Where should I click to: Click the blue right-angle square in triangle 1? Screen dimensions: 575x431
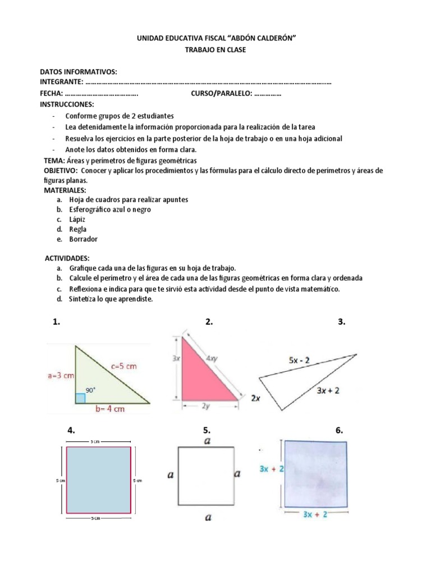(x=80, y=398)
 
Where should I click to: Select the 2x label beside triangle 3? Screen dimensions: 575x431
(x=255, y=398)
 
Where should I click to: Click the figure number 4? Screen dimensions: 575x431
(x=71, y=431)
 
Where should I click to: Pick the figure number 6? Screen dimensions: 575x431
(x=339, y=431)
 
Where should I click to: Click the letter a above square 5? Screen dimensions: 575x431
(x=208, y=441)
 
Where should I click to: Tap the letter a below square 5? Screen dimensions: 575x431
(x=208, y=518)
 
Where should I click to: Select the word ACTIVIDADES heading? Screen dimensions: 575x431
(x=67, y=258)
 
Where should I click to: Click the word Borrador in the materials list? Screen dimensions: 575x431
(x=83, y=239)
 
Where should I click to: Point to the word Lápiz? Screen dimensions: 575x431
(x=77, y=220)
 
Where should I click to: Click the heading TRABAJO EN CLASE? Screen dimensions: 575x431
(x=215, y=50)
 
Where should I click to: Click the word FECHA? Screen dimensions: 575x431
(x=51, y=94)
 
